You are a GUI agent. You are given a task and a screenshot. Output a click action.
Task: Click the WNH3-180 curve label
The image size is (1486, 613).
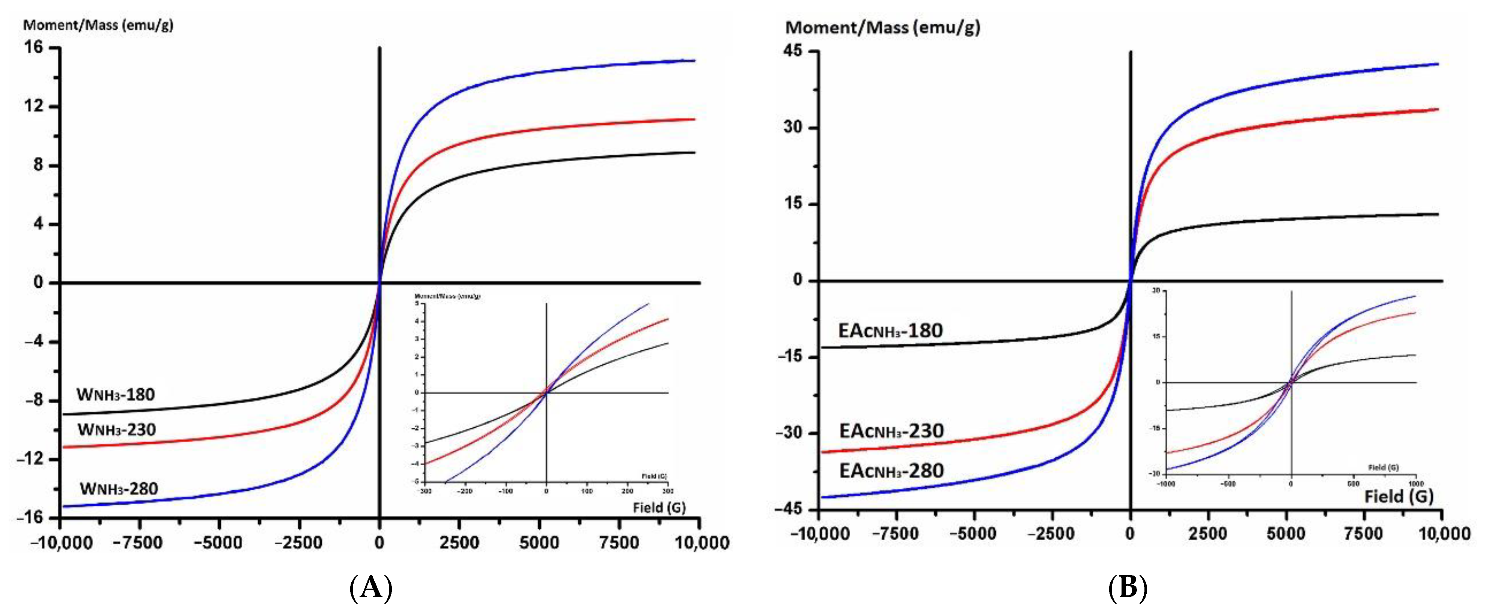(x=116, y=395)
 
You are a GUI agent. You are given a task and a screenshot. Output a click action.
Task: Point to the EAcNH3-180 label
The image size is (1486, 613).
(x=891, y=331)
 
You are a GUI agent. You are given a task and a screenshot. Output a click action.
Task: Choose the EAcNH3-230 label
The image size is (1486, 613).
(x=891, y=431)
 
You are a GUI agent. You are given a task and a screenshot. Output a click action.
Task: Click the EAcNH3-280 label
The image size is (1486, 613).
(x=891, y=471)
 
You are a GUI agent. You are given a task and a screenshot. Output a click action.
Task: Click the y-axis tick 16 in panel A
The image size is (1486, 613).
(x=34, y=47)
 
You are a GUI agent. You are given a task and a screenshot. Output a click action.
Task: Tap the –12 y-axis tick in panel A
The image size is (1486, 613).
(x=30, y=459)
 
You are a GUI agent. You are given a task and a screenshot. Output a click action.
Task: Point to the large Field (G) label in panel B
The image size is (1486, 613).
(x=1399, y=496)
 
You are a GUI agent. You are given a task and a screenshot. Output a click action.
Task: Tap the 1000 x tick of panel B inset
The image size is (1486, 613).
(x=1416, y=484)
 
